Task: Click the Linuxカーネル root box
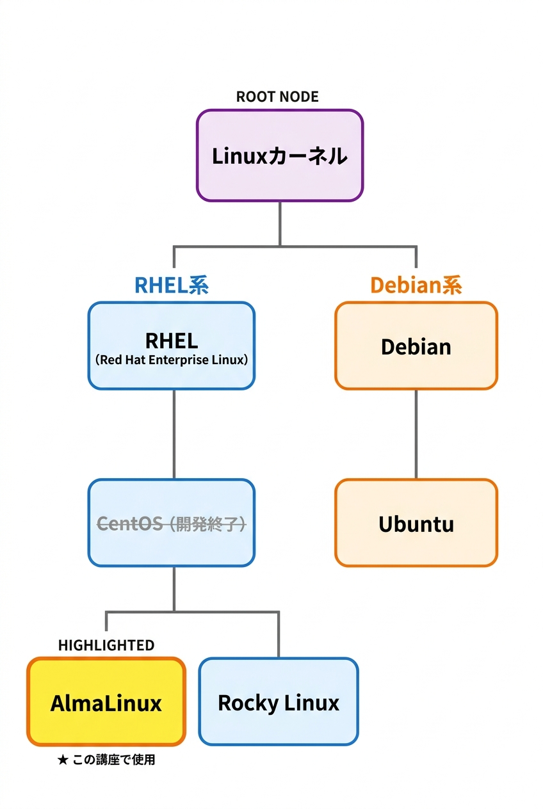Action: (x=279, y=156)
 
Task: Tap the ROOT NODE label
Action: (x=277, y=97)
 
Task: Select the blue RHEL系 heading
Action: (x=171, y=285)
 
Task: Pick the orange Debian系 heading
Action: (x=416, y=285)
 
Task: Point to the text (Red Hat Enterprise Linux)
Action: (x=171, y=360)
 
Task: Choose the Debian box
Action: (x=416, y=346)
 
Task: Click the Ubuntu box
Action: (x=416, y=524)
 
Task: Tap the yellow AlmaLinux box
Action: (x=106, y=703)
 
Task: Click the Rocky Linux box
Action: (x=278, y=703)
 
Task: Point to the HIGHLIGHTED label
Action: (x=106, y=645)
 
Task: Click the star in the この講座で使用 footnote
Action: (x=62, y=760)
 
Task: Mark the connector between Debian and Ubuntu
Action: (x=416, y=434)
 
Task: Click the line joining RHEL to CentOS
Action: (x=174, y=434)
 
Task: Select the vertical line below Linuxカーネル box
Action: (x=280, y=223)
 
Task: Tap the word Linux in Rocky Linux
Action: (x=312, y=703)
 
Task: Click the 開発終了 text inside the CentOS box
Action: (x=206, y=524)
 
